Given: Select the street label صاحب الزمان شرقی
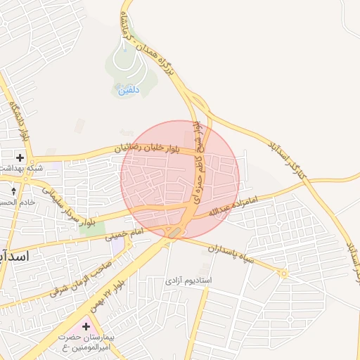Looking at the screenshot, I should [78, 274].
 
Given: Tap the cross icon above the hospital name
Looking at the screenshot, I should [86, 326].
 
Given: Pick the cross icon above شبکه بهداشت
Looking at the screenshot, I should [20, 157].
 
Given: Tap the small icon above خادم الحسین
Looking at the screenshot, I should [13, 190].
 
